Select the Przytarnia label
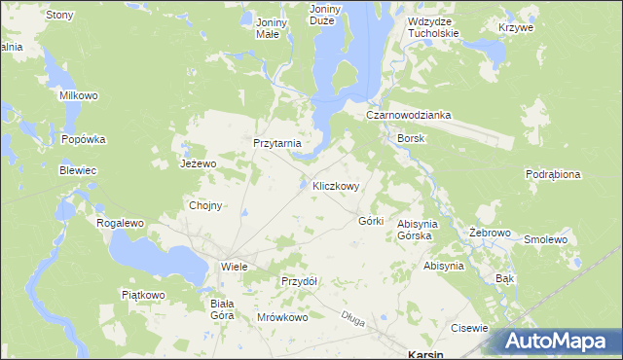(277, 143)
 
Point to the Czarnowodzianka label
(408, 115)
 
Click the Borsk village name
(410, 138)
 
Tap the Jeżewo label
(198, 163)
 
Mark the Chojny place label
(205, 205)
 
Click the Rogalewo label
(120, 223)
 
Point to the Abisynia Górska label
(421, 230)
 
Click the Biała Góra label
(223, 309)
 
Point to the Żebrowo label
(490, 234)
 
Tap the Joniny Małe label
(268, 26)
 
